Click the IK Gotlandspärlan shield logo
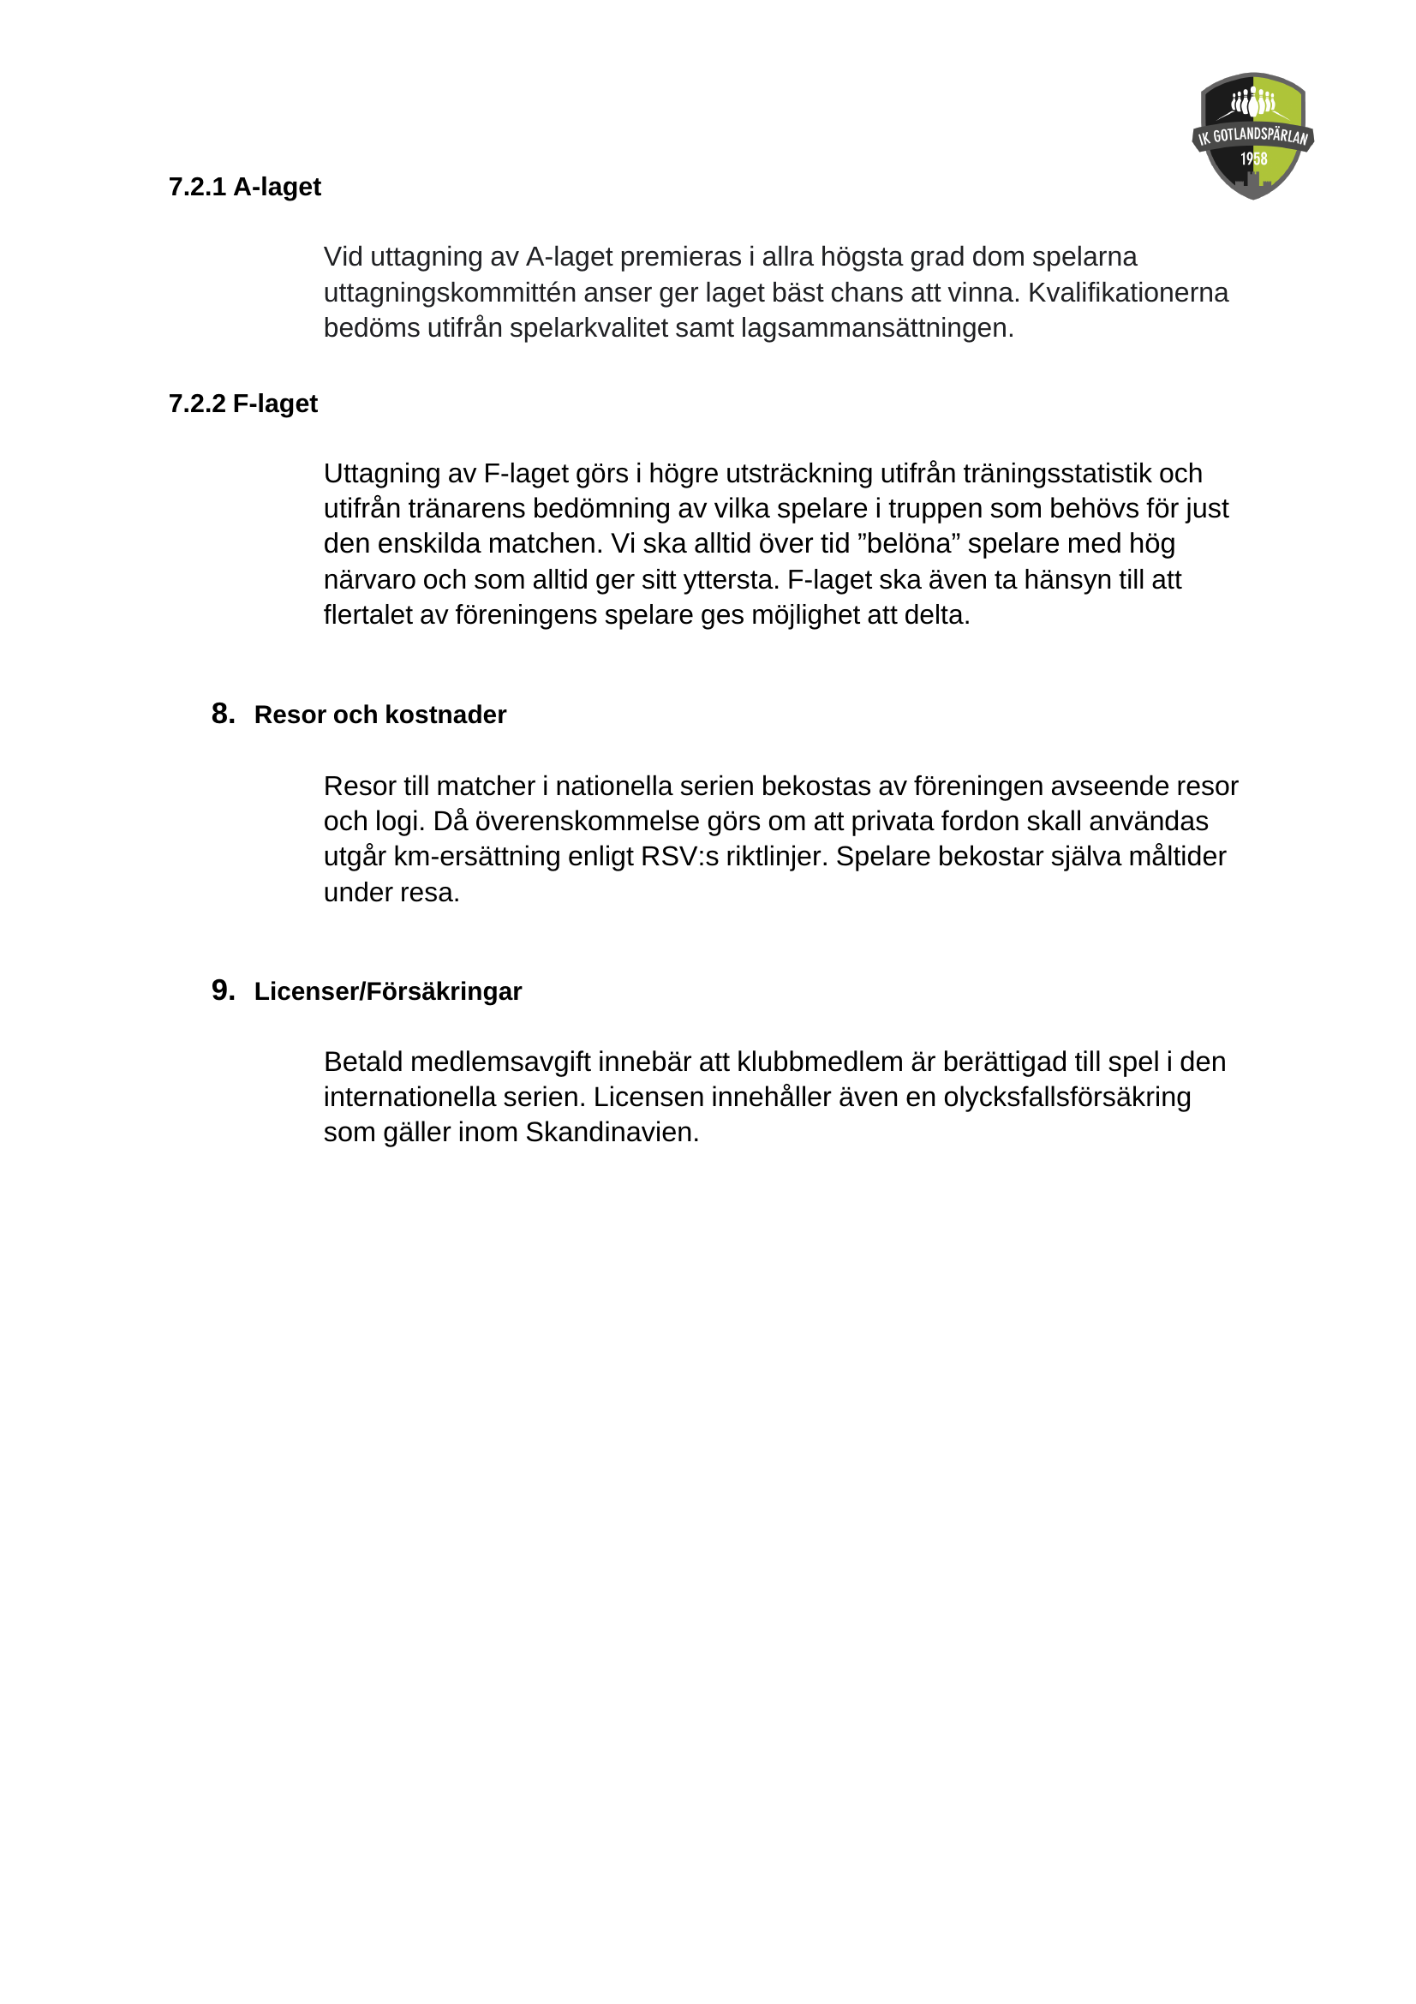point(1252,136)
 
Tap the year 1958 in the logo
point(1254,159)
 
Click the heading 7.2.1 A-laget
point(244,187)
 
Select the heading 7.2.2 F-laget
point(242,404)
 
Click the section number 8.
point(223,714)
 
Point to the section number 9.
point(223,990)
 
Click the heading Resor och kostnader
point(379,715)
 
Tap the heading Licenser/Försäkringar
point(387,991)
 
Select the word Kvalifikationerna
point(1127,292)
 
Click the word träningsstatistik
point(1057,473)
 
